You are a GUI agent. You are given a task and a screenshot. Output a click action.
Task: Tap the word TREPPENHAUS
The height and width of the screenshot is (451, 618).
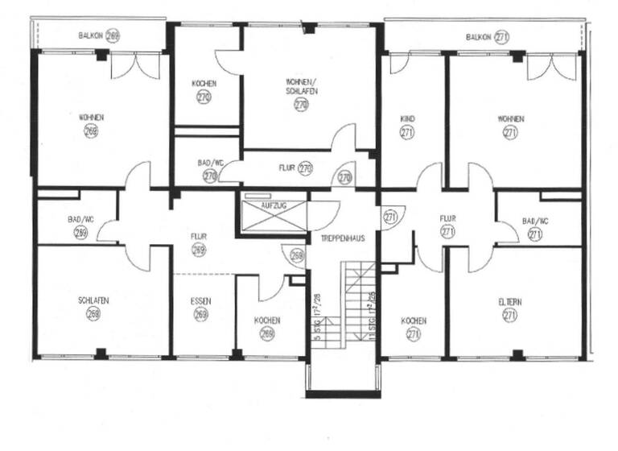click(340, 238)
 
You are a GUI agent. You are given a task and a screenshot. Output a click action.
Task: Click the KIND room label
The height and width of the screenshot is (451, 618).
click(407, 119)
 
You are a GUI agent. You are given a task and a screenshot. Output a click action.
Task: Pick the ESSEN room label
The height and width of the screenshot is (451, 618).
click(200, 301)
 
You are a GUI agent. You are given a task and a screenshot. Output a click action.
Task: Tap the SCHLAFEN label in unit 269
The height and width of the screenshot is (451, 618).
click(93, 300)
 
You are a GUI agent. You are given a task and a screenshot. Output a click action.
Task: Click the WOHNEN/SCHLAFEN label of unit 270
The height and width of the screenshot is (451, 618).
click(301, 86)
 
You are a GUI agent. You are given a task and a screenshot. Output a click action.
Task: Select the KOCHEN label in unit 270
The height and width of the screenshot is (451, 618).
click(203, 84)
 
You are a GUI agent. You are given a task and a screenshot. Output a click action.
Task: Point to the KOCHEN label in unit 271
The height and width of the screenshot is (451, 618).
click(413, 321)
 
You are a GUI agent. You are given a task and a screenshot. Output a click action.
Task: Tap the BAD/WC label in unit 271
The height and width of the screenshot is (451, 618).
click(534, 221)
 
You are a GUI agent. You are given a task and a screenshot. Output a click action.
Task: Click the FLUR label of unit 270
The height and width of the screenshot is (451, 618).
click(288, 169)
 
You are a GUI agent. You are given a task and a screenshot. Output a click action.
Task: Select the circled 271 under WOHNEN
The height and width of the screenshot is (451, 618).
click(510, 133)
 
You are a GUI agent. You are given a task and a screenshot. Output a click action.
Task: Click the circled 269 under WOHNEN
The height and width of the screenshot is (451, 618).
click(91, 131)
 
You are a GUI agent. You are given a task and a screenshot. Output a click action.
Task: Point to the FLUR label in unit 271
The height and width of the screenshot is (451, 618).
click(447, 217)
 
